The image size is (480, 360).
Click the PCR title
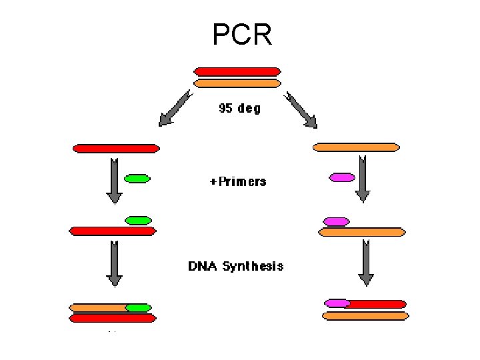(242, 35)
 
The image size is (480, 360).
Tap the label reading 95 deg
(239, 109)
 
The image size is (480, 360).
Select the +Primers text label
(238, 181)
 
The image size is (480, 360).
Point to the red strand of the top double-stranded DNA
(237, 71)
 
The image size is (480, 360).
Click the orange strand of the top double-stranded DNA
(237, 83)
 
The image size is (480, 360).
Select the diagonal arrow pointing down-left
(175, 109)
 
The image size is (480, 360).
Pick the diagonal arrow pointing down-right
(301, 109)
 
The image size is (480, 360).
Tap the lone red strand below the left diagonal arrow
(116, 148)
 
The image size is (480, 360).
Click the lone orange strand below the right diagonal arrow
(357, 147)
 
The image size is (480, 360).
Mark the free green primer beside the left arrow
(137, 178)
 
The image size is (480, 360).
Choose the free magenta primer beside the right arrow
(343, 177)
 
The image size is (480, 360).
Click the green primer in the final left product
(138, 307)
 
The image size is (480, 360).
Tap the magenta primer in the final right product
(337, 303)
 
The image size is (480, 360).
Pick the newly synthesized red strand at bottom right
(377, 303)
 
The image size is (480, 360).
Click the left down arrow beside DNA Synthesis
(114, 265)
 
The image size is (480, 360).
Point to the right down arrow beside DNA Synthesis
(365, 263)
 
